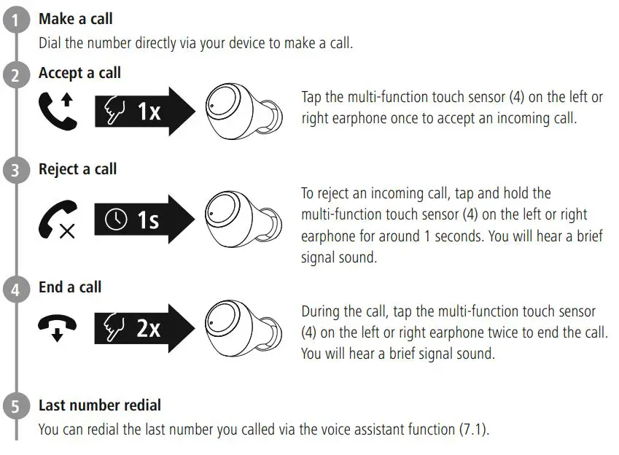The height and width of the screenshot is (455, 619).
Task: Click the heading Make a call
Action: tap(75, 19)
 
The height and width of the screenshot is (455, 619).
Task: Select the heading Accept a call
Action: tap(79, 73)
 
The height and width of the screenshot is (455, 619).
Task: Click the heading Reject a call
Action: tap(77, 169)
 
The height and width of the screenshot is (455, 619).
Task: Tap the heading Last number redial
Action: tap(100, 405)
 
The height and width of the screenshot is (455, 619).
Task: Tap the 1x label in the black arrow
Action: tap(149, 112)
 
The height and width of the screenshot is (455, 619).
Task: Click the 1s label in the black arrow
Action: tap(148, 219)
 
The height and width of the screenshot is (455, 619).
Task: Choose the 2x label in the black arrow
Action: tap(148, 329)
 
